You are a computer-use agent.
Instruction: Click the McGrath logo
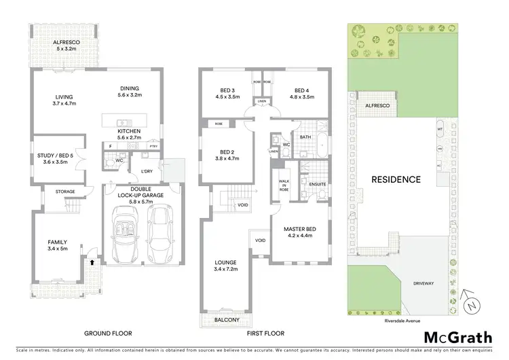(459, 338)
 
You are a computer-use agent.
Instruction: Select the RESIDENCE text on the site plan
(396, 180)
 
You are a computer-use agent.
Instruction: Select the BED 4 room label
(303, 90)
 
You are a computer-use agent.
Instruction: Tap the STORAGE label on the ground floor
(65, 192)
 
